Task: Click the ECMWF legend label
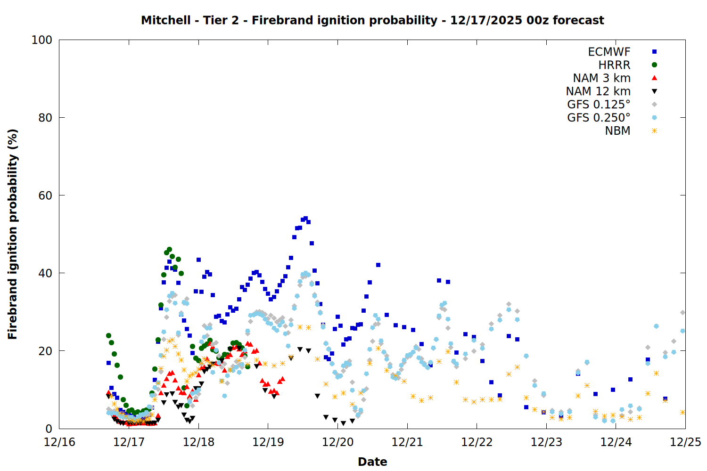[609, 52]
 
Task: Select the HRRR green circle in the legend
[654, 65]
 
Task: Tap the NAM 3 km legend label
[601, 78]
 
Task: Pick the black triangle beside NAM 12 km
[654, 91]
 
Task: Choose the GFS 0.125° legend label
[599, 105]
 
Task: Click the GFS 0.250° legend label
[599, 118]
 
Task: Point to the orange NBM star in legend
[654, 131]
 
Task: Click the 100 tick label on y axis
[42, 40]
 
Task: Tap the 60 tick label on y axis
[45, 195]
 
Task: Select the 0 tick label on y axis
[49, 429]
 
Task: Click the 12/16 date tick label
[59, 442]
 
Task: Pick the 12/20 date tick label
[337, 442]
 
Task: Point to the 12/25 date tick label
[685, 442]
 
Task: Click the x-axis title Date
[372, 462]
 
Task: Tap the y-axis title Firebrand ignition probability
[13, 234]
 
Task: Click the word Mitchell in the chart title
[165, 20]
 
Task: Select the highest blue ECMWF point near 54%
[305, 219]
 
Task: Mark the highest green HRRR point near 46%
[169, 249]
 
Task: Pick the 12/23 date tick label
[546, 442]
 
